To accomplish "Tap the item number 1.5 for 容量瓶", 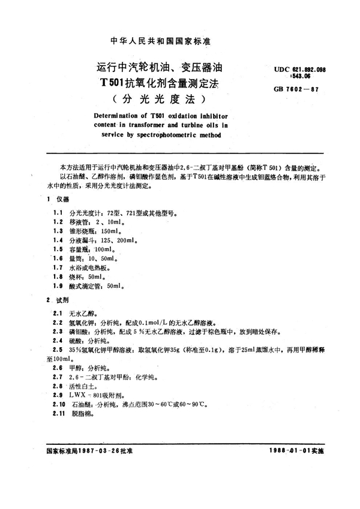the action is [58, 249].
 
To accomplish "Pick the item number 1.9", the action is [58, 287].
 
